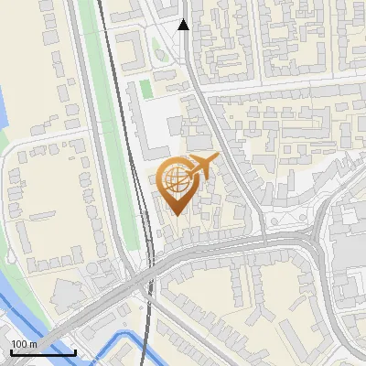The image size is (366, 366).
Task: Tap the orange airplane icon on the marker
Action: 201,167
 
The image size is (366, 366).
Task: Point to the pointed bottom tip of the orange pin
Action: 176,214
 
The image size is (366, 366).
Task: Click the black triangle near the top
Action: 184,25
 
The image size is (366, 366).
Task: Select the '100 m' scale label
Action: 24,344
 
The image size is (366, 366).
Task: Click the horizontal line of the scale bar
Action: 43,352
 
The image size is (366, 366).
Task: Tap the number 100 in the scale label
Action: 19,344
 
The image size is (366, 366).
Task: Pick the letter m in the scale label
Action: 33,344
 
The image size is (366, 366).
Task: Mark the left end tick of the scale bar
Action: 10,350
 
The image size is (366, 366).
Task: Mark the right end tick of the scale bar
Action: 75,350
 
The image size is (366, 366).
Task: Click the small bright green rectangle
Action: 145,90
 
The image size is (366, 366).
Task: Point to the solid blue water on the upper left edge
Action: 4,91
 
